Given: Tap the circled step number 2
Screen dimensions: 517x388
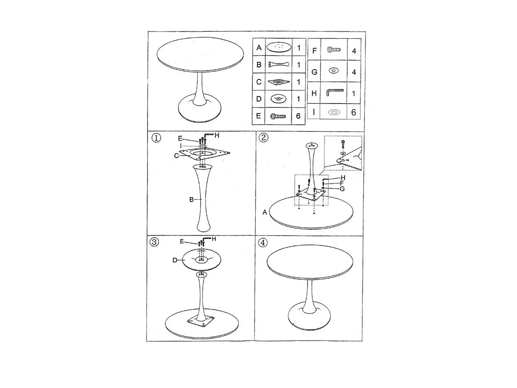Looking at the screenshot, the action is tap(263, 137).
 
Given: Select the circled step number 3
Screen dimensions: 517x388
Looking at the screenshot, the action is tap(154, 242).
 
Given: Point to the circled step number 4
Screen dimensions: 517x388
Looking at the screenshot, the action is tap(263, 242).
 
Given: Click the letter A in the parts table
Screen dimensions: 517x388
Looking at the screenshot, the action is tap(259, 48).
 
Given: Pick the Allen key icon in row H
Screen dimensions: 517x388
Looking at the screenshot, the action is tap(335, 92).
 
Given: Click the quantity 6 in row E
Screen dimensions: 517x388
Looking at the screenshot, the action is tap(298, 116).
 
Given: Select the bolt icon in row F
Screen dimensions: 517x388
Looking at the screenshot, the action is tap(334, 49).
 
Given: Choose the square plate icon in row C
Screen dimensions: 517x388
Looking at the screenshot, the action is tap(279, 82).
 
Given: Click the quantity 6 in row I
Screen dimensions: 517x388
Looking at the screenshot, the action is tap(353, 112).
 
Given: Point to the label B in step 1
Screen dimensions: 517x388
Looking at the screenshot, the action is tap(191, 200).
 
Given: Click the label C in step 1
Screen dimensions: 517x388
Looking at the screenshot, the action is tap(176, 156).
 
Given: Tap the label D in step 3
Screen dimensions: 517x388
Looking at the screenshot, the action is tap(175, 260).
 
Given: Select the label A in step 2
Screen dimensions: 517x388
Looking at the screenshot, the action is tap(265, 212).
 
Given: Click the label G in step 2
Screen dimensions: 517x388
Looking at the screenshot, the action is tap(342, 189).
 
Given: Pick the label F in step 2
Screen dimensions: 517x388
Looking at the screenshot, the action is tap(342, 183).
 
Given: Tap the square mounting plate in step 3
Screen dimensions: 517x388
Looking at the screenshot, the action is tap(201, 321).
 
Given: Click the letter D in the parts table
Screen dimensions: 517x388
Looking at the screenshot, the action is tap(258, 99).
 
